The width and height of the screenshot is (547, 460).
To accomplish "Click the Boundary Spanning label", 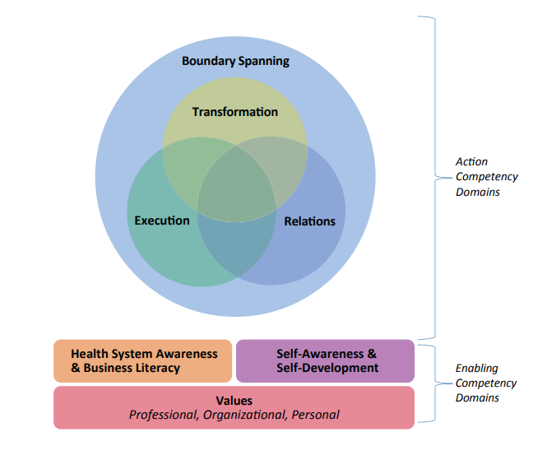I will pyautogui.click(x=235, y=61).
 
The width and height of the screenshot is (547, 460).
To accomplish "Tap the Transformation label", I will pyautogui.click(x=235, y=112).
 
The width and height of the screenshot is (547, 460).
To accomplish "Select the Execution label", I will pyautogui.click(x=162, y=221).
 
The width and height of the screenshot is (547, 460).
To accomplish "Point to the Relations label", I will pyautogui.click(x=309, y=221).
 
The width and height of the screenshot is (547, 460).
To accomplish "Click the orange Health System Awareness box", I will pyautogui.click(x=143, y=361).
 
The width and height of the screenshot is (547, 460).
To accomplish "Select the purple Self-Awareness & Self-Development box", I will pyautogui.click(x=325, y=361).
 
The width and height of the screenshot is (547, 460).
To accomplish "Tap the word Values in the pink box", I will pyautogui.click(x=234, y=401).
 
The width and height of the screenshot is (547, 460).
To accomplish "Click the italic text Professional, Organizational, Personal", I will pyautogui.click(x=234, y=415).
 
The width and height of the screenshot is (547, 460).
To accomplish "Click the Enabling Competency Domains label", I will pyautogui.click(x=486, y=383).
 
